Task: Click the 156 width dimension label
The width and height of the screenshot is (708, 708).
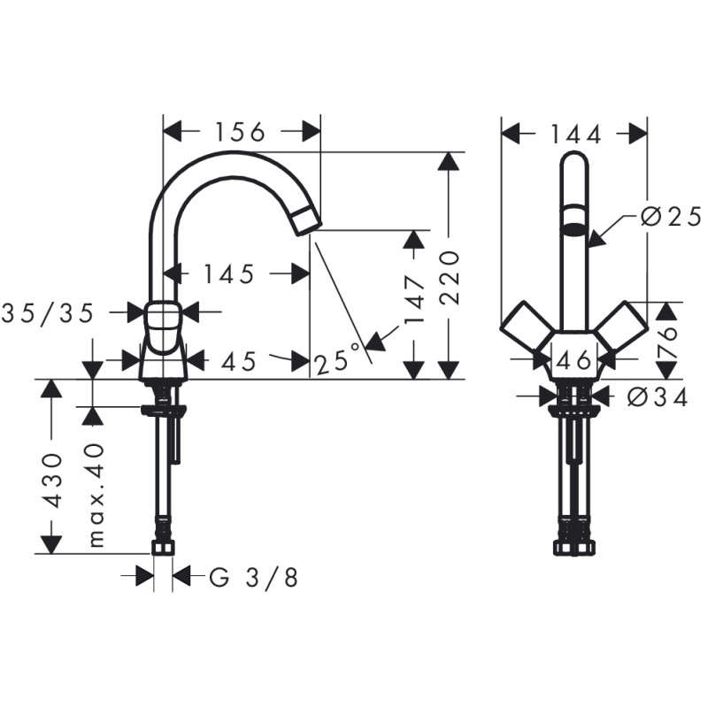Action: [240, 133]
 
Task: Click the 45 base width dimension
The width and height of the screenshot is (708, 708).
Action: [238, 360]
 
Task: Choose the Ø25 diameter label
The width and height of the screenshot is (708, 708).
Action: [669, 216]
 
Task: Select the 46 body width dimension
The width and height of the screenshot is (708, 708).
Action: [574, 360]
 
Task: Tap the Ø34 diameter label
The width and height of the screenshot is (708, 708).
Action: [657, 397]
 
